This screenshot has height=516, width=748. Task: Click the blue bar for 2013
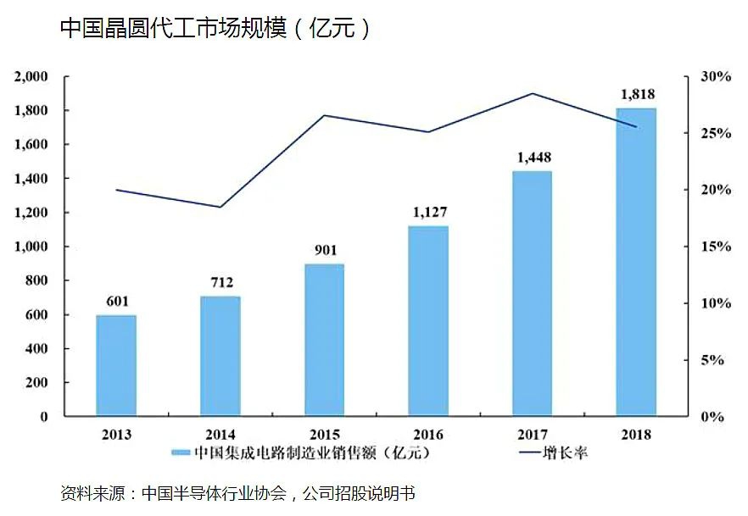pyautogui.click(x=116, y=366)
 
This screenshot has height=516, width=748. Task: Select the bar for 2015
pyautogui.click(x=324, y=341)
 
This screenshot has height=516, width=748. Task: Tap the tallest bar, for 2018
pyautogui.click(x=636, y=263)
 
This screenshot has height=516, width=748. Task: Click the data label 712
pyautogui.click(x=220, y=282)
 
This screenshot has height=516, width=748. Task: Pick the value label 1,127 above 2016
pyautogui.click(x=429, y=212)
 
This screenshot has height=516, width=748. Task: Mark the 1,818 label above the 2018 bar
pyautogui.click(x=637, y=94)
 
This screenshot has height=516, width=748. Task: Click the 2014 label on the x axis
pyautogui.click(x=220, y=435)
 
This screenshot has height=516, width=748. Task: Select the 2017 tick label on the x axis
pyautogui.click(x=532, y=435)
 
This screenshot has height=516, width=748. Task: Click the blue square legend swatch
pyautogui.click(x=180, y=453)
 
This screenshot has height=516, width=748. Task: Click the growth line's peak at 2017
pyautogui.click(x=533, y=93)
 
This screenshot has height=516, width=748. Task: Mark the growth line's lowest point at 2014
pyautogui.click(x=220, y=207)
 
